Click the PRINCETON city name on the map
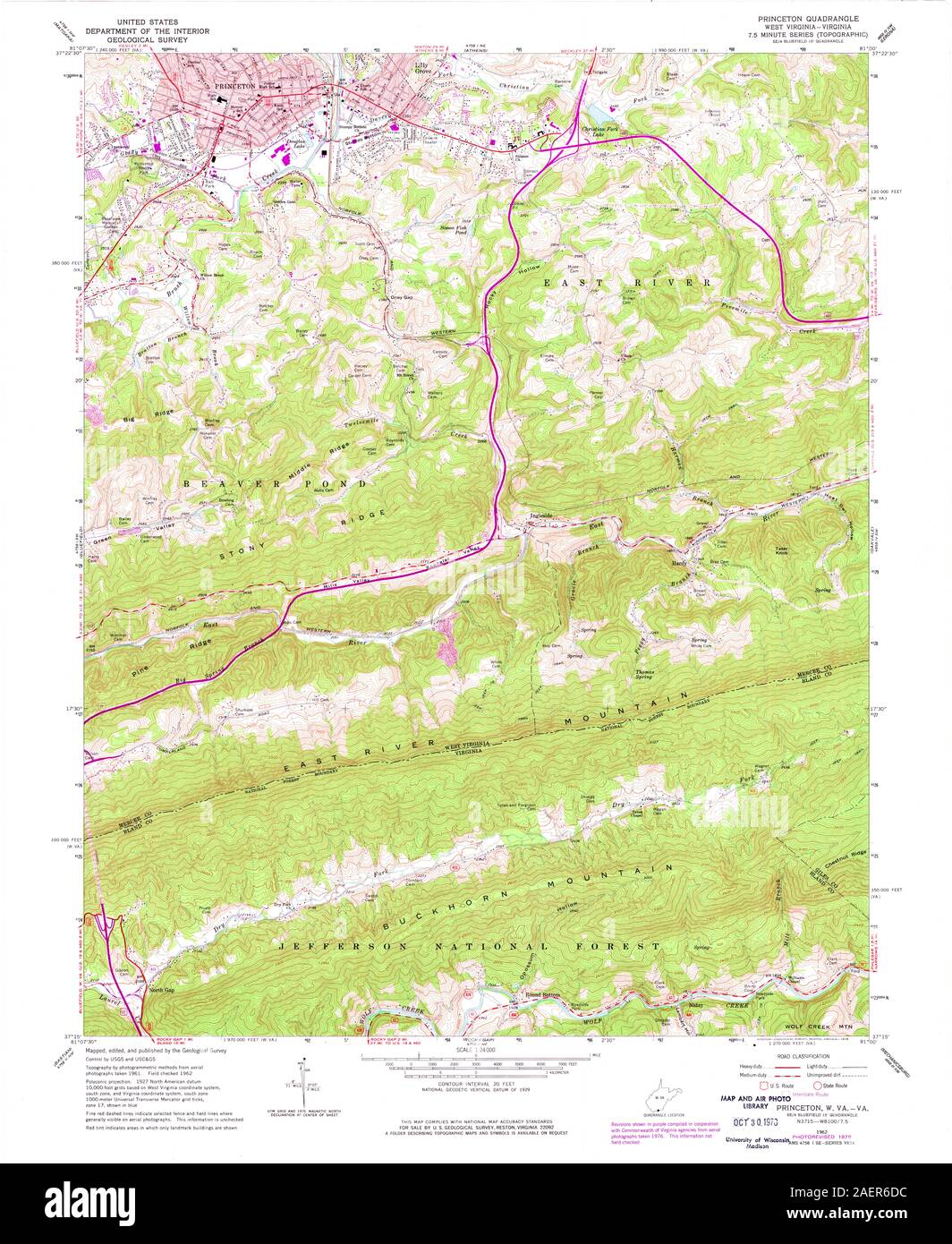point(236,86)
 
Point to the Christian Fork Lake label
point(600,132)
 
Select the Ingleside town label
point(546,515)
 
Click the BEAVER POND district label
point(276,483)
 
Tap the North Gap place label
point(162,990)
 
